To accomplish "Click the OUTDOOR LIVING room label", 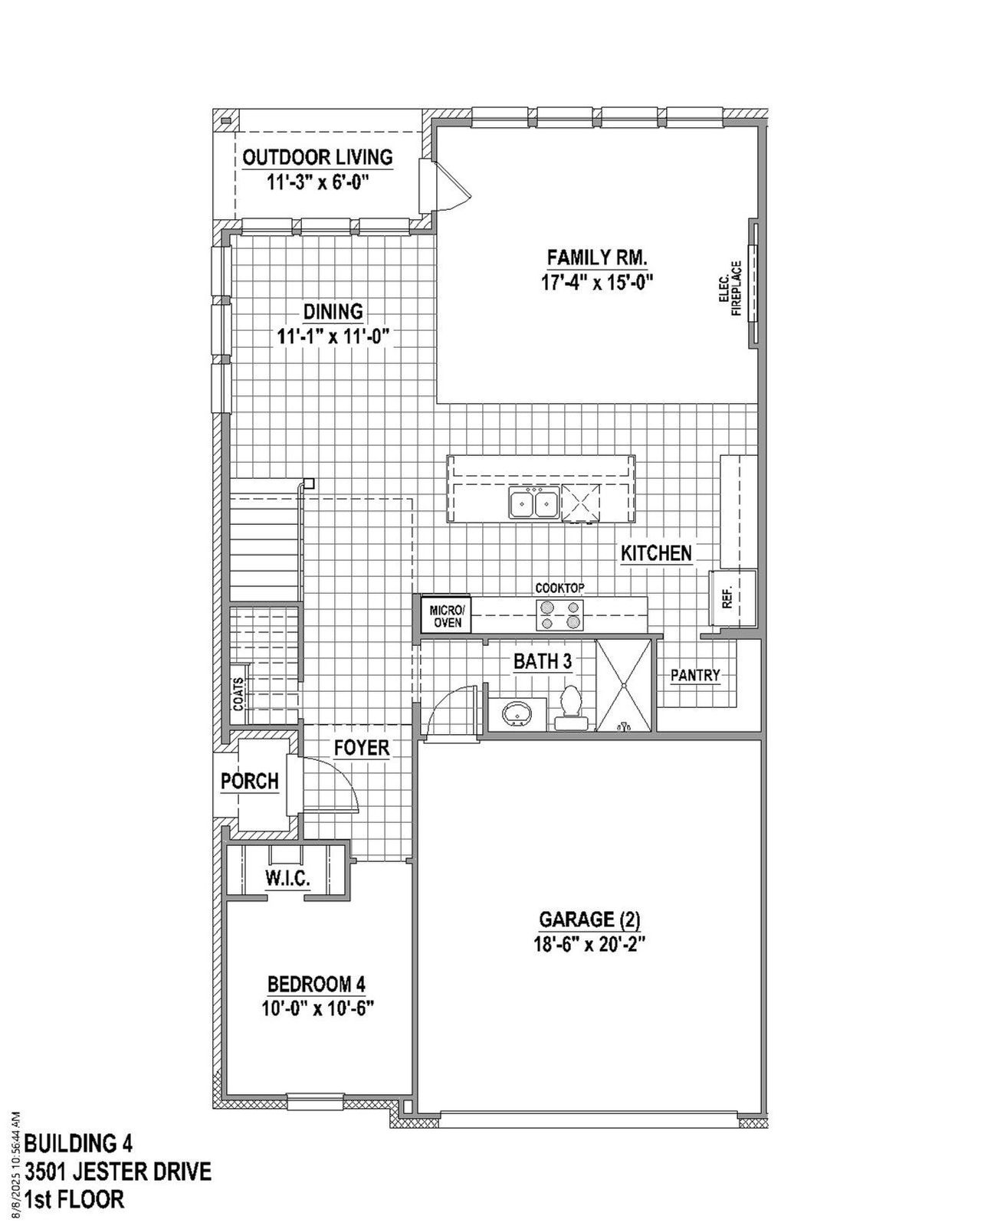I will [317, 158].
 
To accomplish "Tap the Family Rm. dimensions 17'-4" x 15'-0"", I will [596, 282].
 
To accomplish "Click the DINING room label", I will [333, 312].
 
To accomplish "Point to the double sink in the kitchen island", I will [533, 503].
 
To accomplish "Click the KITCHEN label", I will [656, 553].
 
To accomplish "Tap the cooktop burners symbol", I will [561, 615].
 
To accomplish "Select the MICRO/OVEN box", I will [446, 615].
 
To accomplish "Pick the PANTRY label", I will [695, 675].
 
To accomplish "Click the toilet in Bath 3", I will [569, 706].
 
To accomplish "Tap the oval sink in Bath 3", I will [516, 714].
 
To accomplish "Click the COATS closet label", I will [239, 693].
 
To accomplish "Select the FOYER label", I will [362, 748].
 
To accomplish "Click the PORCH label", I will [249, 782].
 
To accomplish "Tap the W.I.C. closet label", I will [288, 879].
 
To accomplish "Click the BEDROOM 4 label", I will [317, 983].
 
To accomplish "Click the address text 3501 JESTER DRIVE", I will [118, 1172].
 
